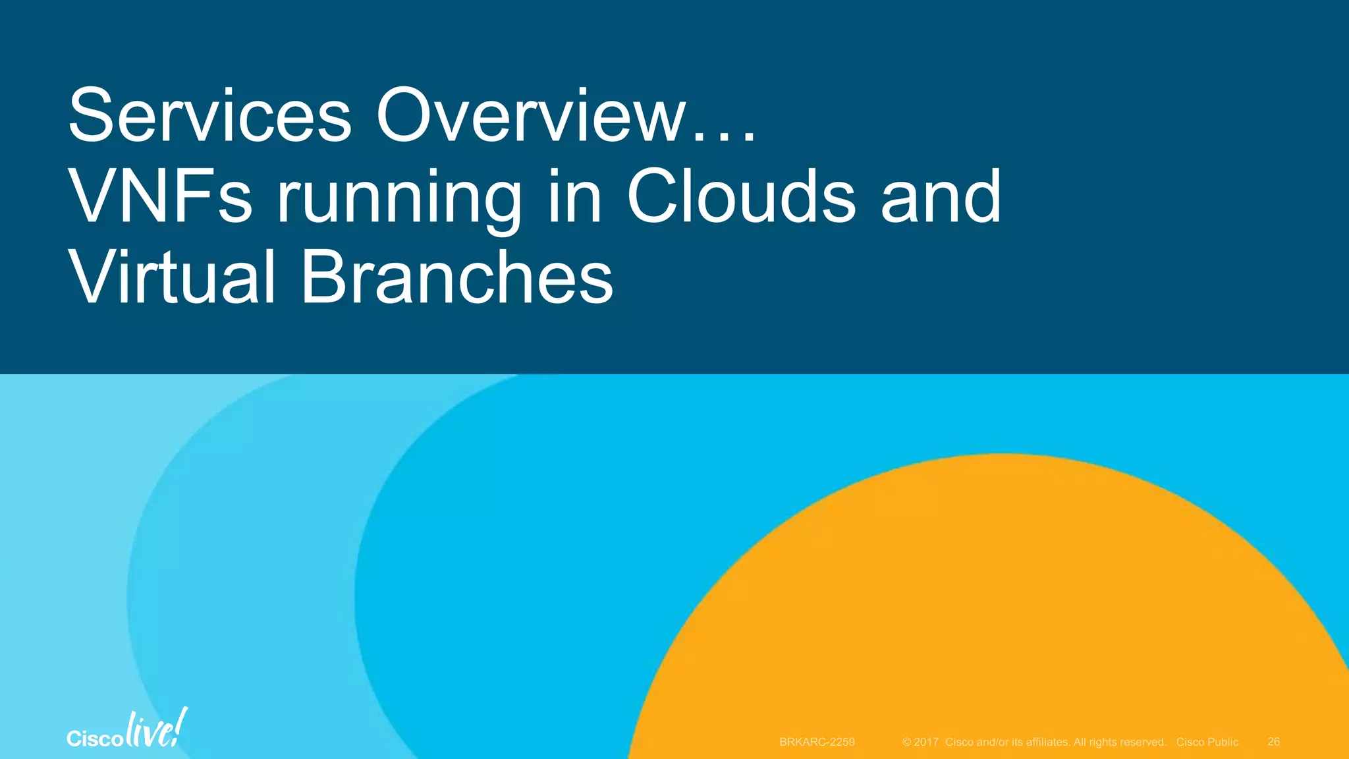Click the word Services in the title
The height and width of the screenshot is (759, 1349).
click(x=210, y=116)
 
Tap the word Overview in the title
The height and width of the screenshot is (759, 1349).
click(x=532, y=116)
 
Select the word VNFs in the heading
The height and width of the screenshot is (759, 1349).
click(x=160, y=196)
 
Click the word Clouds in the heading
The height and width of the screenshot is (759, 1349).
click(x=741, y=196)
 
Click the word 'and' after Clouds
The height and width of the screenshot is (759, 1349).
click(x=941, y=196)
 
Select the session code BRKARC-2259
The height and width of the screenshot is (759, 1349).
click(x=817, y=742)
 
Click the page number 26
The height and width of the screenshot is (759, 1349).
click(x=1273, y=742)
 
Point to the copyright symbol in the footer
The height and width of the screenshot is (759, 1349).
click(x=907, y=742)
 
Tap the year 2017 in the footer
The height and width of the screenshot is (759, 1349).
click(x=926, y=742)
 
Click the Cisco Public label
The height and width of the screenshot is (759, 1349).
click(x=1207, y=742)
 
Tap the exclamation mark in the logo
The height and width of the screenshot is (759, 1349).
click(x=181, y=726)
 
